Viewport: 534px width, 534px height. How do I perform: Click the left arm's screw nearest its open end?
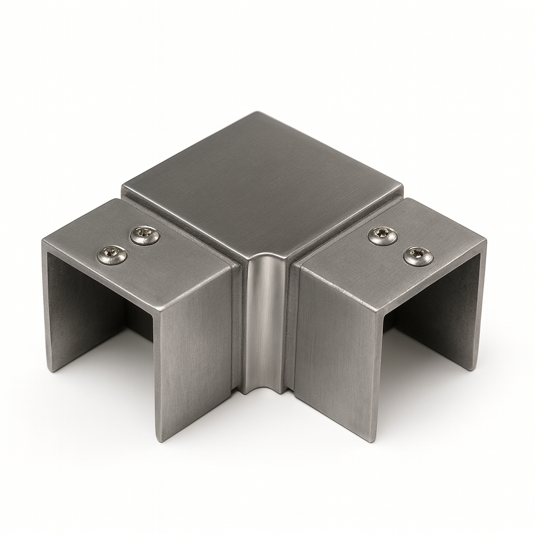tap(112, 254)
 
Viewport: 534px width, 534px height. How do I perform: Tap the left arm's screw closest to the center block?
tap(145, 236)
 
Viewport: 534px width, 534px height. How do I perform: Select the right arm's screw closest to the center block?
tap(382, 236)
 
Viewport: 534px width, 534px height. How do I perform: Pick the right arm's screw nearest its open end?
tap(418, 256)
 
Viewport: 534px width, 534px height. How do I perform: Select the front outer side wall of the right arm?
tap(334, 355)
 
